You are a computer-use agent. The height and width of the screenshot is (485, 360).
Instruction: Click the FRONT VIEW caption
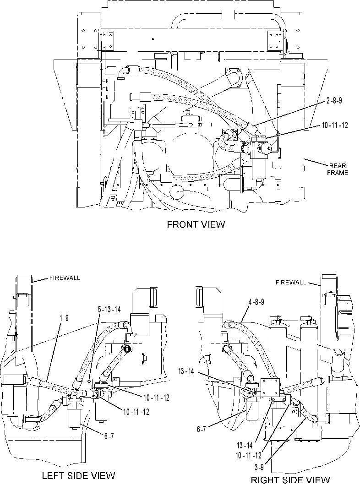pos(196,224)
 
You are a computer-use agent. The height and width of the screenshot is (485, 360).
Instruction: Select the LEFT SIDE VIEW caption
pos(78,475)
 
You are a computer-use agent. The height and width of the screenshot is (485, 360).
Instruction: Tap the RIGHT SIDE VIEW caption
pos(290,480)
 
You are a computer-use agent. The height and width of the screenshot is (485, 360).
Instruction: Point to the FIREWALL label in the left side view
pos(65,278)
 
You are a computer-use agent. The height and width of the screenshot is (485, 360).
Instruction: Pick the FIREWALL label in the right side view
pos(291,282)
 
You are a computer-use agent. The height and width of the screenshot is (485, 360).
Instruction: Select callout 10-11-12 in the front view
pos(335,125)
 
